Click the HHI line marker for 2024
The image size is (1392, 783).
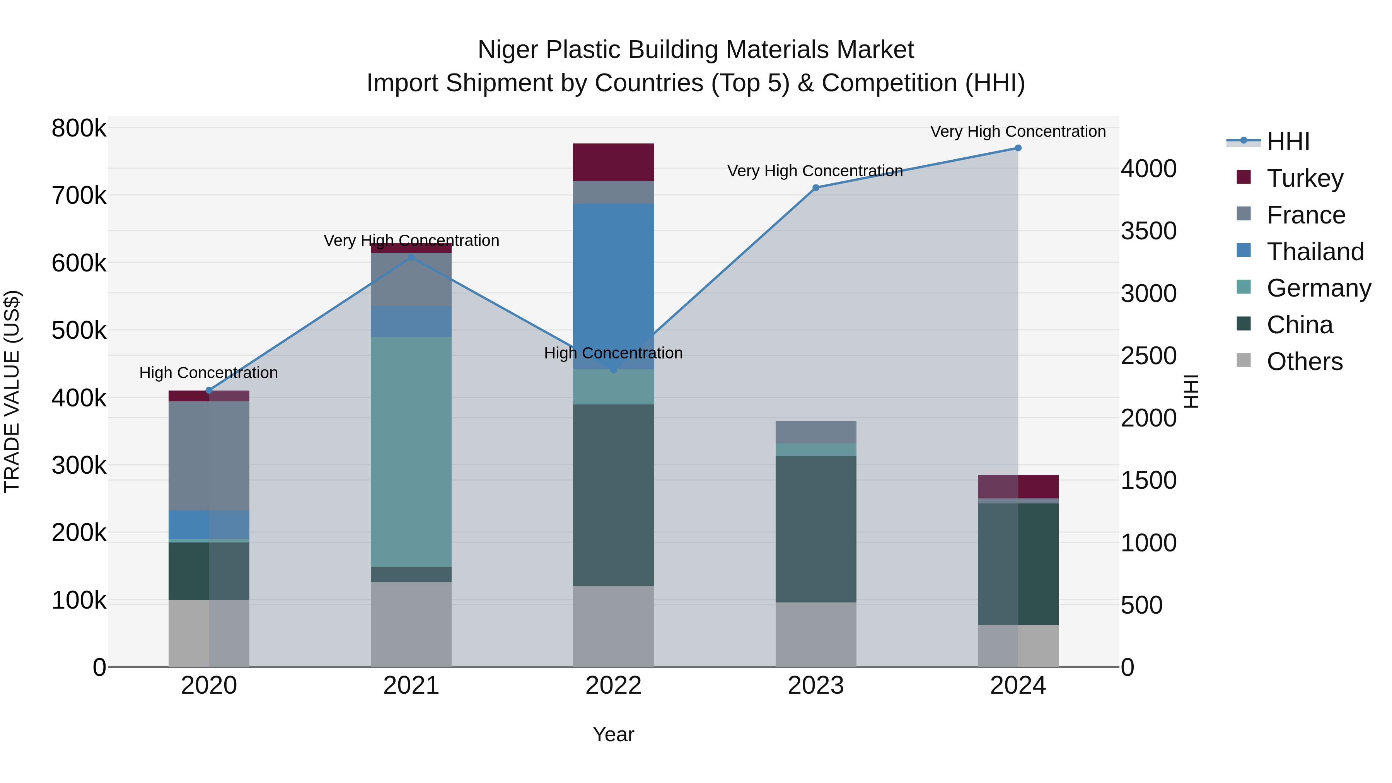pos(1018,148)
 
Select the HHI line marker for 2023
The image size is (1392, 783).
pos(815,188)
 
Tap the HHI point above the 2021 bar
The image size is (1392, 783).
pos(411,257)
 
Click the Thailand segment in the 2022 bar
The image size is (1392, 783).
pos(613,287)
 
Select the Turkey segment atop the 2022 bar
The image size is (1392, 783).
pos(613,162)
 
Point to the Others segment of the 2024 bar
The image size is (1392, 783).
pos(1018,646)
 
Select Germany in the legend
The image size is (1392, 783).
pos(1319,288)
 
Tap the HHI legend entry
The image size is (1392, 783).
pos(1287,142)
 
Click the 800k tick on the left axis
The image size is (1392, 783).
pos(79,129)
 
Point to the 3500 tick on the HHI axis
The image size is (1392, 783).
pos(1148,231)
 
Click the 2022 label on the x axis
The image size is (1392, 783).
pos(613,686)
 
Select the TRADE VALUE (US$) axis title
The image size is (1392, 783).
pos(12,391)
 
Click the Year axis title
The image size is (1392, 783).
pos(613,734)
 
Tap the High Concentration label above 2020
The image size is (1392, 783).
pos(208,373)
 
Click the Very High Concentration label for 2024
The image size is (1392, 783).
pos(1018,131)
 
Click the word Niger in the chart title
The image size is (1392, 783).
pos(508,50)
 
